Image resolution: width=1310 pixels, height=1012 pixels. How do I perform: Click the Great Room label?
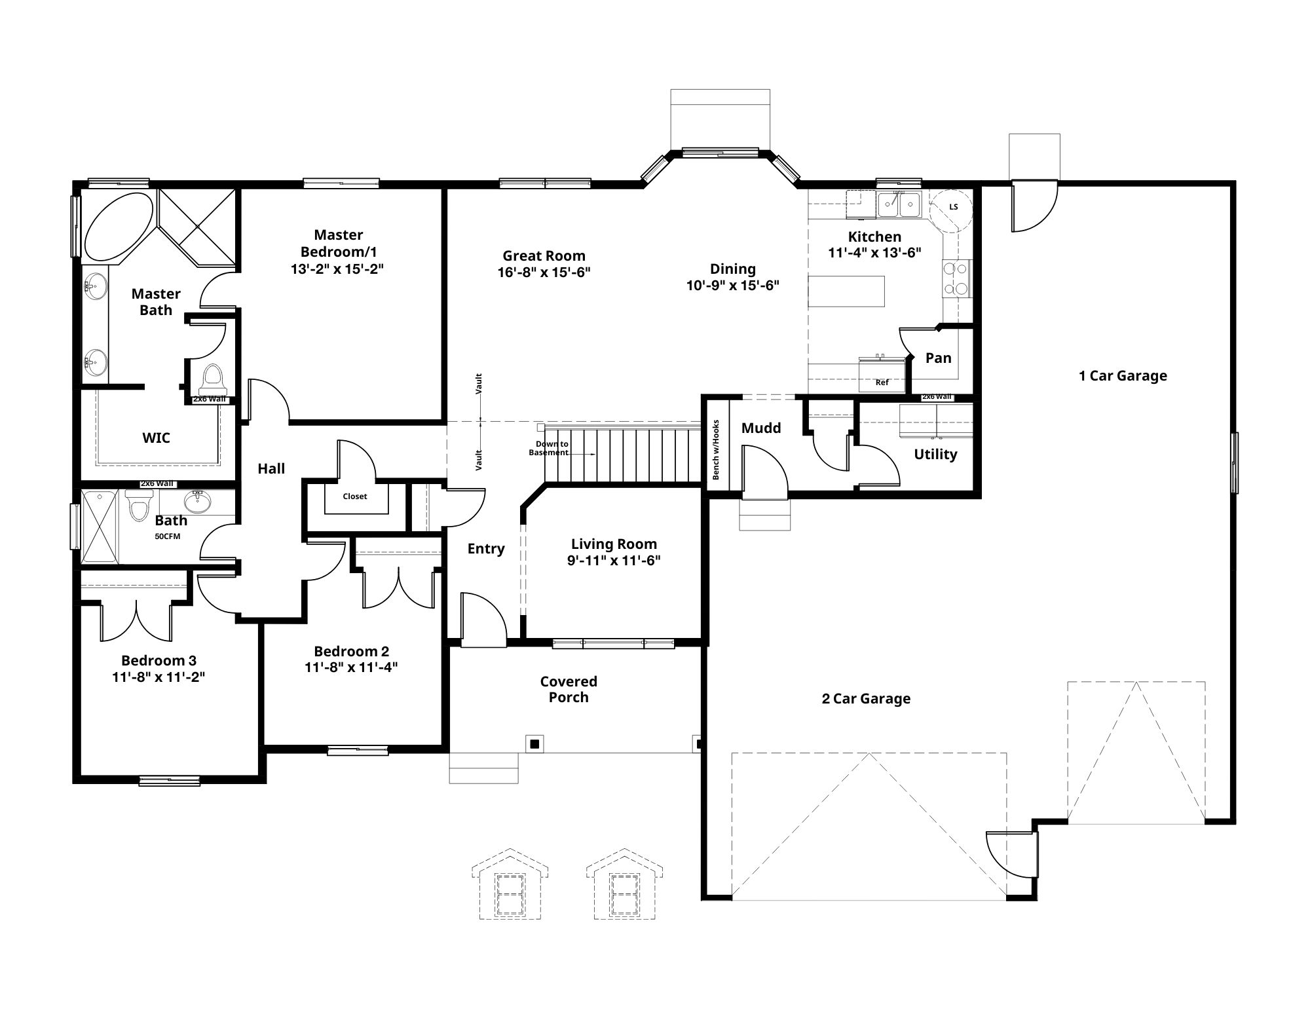[544, 256]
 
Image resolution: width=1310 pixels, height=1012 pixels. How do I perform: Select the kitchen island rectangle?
[846, 291]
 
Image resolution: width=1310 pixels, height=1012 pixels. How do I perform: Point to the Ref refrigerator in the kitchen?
[882, 375]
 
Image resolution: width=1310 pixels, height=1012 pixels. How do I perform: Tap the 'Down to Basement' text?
[549, 449]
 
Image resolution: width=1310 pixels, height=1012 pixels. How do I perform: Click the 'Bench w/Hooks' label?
[716, 449]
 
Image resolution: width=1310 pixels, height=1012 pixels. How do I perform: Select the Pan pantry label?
[938, 358]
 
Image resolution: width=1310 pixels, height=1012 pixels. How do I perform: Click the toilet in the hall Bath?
[139, 505]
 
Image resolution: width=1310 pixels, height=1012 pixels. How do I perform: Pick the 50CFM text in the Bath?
[168, 536]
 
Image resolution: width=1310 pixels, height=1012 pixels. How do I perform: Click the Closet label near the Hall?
[355, 496]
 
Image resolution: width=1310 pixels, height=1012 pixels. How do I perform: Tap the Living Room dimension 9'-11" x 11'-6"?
[614, 560]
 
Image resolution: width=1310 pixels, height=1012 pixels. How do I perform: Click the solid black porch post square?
[535, 743]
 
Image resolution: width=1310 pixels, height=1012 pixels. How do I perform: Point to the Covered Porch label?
[569, 690]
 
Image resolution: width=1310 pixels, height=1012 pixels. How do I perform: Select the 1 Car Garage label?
[1123, 376]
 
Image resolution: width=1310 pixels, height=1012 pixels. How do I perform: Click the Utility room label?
[935, 455]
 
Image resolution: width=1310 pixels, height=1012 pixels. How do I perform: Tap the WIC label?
[156, 438]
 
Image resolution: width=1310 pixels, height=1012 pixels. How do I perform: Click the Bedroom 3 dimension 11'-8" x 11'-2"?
[159, 677]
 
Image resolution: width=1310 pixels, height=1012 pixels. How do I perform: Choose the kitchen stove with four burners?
[957, 278]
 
